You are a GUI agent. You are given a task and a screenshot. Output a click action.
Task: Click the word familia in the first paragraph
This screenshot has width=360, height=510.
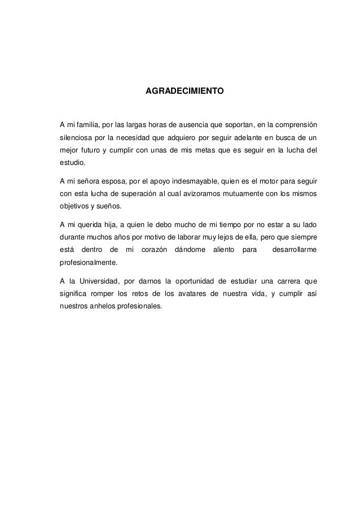84,124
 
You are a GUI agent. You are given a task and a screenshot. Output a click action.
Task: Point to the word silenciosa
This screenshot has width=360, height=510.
76,137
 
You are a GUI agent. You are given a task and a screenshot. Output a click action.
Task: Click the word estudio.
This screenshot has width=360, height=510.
73,163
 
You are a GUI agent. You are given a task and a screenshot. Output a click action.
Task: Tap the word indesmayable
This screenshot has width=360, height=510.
186,182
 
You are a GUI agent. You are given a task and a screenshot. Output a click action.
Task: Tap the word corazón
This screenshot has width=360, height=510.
154,250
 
